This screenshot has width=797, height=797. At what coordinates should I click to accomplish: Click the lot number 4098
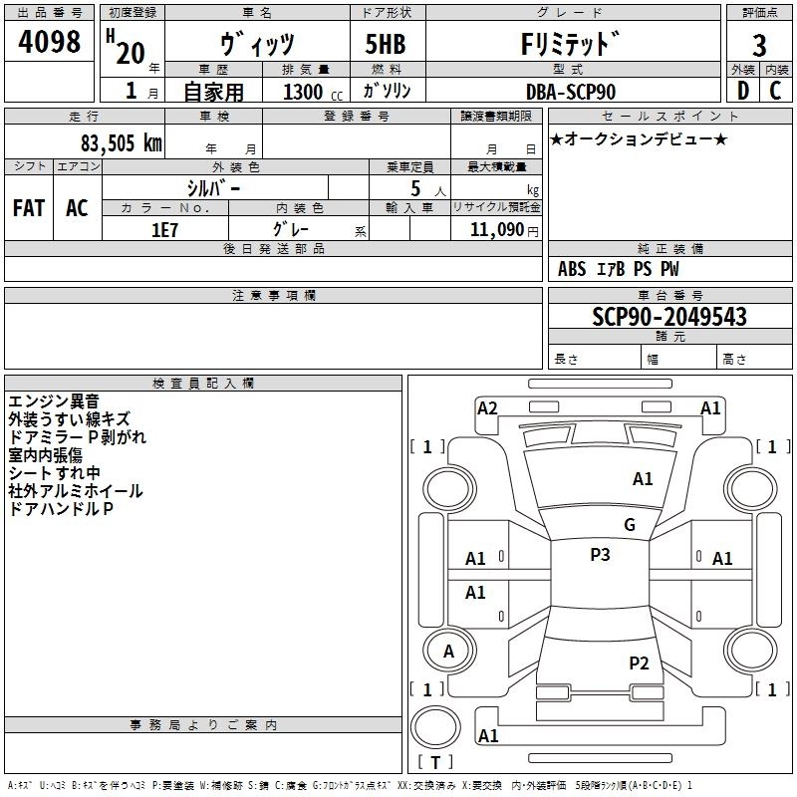49,41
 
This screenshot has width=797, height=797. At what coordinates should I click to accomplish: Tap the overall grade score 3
759,46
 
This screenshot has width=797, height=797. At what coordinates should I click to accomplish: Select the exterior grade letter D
743,91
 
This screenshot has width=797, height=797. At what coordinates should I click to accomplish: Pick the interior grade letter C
775,91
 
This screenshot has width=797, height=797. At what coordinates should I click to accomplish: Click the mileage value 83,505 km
122,143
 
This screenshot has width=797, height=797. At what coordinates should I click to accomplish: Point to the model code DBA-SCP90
571,92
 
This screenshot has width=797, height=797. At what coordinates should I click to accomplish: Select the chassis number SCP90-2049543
669,317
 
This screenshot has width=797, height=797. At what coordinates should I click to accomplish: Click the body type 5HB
386,44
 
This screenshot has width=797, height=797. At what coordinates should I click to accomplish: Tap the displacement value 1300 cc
313,93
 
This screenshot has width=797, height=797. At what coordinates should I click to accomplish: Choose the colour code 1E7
164,230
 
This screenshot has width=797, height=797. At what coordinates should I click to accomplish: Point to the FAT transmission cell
29,208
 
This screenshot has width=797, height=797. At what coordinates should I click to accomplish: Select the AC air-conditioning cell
77,208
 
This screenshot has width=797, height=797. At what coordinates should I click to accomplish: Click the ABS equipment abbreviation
572,269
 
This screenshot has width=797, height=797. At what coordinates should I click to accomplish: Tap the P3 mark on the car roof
600,555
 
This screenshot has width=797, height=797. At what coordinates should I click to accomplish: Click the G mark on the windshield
630,525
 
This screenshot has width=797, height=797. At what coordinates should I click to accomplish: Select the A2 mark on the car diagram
487,408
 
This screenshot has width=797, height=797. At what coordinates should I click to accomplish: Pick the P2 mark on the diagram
639,664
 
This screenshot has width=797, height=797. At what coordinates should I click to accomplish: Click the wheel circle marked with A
449,651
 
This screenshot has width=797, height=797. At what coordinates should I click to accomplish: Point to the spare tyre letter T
435,763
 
